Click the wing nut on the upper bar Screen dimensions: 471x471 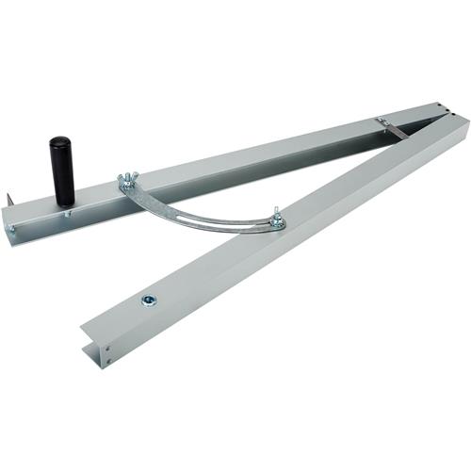127,182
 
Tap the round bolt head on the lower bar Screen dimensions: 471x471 148,300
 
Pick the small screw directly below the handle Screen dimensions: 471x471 68,216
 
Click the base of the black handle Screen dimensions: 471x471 65,200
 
